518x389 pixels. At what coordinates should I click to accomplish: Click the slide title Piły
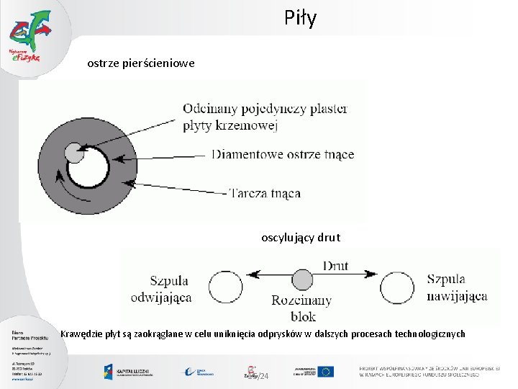(300, 19)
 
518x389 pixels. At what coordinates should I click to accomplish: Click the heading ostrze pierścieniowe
(140, 64)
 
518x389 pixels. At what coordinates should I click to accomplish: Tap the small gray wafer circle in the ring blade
(74, 153)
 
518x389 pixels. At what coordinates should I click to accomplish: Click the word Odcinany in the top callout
(212, 109)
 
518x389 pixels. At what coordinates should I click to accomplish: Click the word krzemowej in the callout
(247, 125)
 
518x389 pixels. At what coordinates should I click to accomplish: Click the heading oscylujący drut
(301, 237)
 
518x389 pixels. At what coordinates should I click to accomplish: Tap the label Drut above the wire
(335, 266)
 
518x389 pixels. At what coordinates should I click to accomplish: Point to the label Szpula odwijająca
(161, 288)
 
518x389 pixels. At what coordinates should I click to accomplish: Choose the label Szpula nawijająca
(457, 287)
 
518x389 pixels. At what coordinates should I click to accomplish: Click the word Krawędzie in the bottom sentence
(83, 334)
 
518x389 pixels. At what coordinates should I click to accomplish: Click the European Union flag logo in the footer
(326, 372)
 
